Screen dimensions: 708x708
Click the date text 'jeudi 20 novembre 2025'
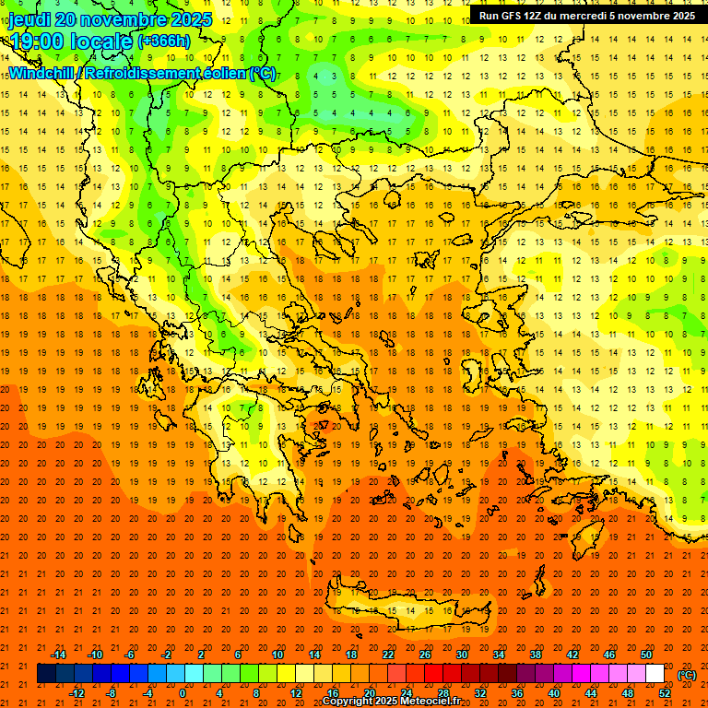111,19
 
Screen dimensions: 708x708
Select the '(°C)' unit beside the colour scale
686,675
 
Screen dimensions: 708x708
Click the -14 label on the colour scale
58,655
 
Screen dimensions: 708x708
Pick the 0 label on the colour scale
183,693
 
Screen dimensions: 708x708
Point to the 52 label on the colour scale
665,693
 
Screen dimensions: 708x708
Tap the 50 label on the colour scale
646,655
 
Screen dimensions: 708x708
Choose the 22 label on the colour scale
388,655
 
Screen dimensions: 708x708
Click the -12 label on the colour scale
77,693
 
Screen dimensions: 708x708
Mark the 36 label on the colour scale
517,693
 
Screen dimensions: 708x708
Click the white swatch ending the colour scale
655,674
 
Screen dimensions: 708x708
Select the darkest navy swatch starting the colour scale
46,674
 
